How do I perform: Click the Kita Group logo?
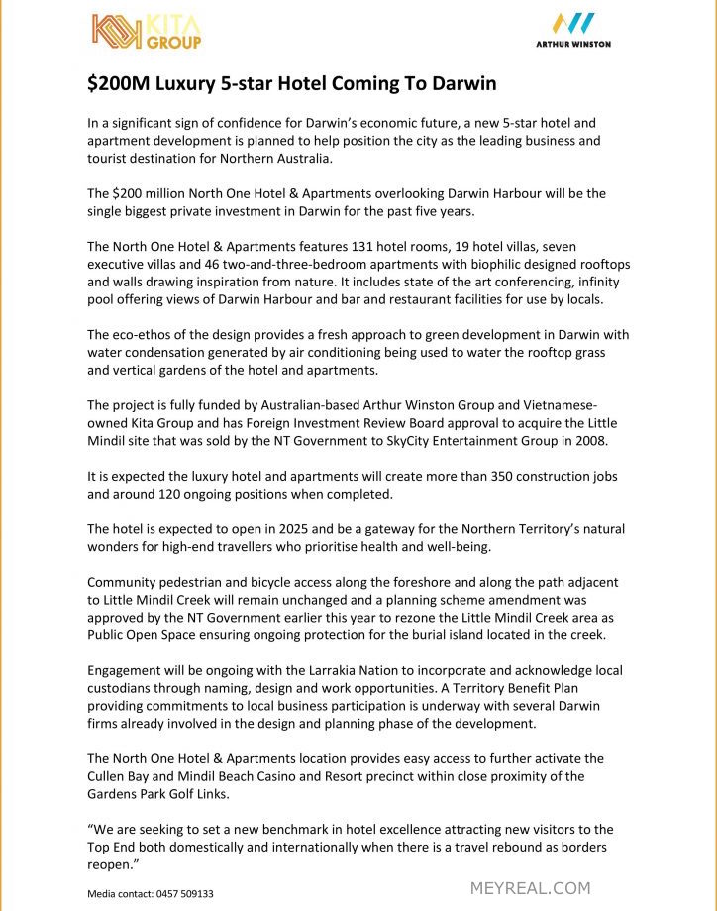pyautogui.click(x=147, y=31)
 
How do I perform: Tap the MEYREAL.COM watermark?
pyautogui.click(x=530, y=888)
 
